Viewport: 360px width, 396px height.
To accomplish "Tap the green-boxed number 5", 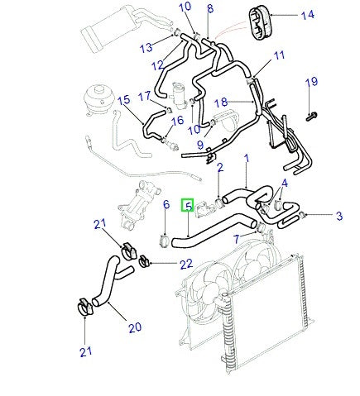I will pyautogui.click(x=189, y=206).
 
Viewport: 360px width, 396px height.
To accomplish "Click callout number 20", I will pyautogui.click(x=134, y=327).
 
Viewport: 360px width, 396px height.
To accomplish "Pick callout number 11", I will pyautogui.click(x=278, y=55).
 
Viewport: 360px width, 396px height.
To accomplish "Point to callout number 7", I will pyautogui.click(x=237, y=239).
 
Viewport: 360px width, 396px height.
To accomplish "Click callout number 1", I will pyautogui.click(x=245, y=157).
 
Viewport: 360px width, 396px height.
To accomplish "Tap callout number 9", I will pyautogui.click(x=199, y=145).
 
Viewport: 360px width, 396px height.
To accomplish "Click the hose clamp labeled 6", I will pyautogui.click(x=164, y=241).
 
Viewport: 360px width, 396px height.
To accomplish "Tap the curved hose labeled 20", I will pyautogui.click(x=106, y=281).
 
